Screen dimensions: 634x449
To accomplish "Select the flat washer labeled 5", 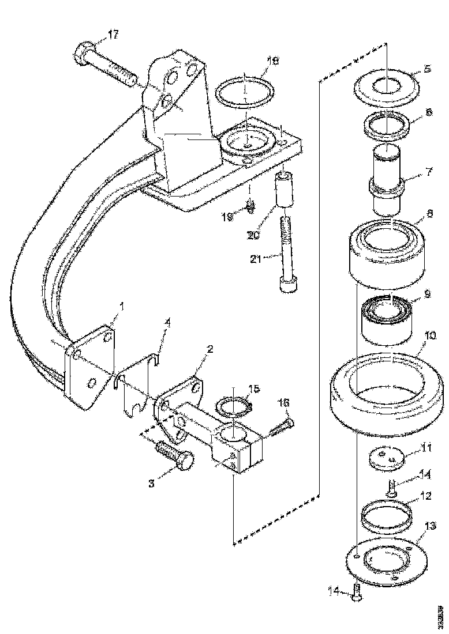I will coord(386,86).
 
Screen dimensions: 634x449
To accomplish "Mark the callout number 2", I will coord(209,349).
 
